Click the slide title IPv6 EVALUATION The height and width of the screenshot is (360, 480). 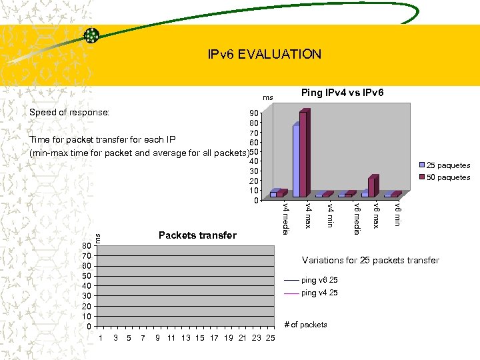[264, 54]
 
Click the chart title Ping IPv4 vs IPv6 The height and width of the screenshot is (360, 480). [342, 92]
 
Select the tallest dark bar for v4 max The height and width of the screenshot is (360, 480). [303, 153]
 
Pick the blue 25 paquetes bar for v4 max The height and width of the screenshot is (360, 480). [295, 160]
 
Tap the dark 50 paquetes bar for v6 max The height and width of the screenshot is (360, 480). [372, 187]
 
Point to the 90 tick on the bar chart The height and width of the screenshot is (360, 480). [253, 113]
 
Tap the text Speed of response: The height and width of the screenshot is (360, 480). [69, 112]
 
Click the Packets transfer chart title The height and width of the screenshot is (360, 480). [197, 235]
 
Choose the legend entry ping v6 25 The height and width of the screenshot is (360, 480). [319, 281]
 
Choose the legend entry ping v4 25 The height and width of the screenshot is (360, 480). [319, 293]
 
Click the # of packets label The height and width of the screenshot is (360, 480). [305, 325]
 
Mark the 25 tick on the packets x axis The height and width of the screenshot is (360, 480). [270, 339]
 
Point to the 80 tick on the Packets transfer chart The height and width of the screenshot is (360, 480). [86, 245]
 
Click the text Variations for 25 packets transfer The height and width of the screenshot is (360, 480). [370, 260]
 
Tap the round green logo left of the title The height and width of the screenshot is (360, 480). [91, 36]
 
